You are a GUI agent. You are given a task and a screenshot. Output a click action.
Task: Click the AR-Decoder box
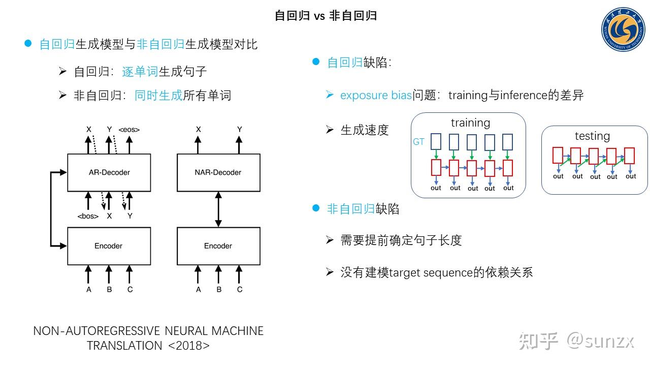pos(109,172)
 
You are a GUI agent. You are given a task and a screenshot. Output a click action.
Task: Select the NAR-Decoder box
pos(218,172)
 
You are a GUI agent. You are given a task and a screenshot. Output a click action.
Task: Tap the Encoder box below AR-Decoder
pos(109,246)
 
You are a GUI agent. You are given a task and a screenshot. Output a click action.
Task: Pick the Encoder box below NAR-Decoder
pos(218,246)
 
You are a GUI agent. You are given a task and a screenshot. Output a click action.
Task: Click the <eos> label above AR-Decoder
pos(129,130)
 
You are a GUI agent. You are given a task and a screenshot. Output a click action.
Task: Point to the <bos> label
pos(88,216)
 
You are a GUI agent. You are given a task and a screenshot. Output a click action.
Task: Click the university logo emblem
pos(623,29)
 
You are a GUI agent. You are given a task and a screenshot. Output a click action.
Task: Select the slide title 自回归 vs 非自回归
pos(326,16)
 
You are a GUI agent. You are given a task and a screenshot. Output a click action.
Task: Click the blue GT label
pos(418,142)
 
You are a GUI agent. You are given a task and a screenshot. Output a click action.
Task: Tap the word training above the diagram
pos(470,123)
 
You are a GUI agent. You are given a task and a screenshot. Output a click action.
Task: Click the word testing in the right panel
pos(592,136)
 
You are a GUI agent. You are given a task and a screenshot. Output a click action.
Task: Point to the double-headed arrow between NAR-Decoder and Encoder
pos(218,209)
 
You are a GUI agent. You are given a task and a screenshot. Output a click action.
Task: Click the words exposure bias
pos(376,95)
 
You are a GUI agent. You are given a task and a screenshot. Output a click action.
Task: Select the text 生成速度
pos(365,130)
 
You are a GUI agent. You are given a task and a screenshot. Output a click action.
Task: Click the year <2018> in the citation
pos(188,346)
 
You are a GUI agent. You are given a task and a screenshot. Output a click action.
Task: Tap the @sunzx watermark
pos(600,341)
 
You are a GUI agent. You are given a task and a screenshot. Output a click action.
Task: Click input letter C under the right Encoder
pos(239,289)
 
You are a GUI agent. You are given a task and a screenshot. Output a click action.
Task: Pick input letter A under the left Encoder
pos(88,289)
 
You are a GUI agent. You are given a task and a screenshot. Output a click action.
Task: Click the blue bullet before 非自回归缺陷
pos(316,208)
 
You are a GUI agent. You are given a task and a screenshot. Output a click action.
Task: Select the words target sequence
pos(431,273)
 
